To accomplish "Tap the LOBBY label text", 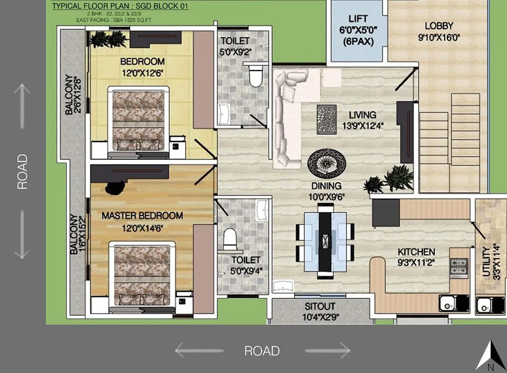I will [439, 25].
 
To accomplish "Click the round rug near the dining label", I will [328, 163].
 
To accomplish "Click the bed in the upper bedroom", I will [138, 121].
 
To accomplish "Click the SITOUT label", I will [320, 307].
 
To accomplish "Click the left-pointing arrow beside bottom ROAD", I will [198, 350].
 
